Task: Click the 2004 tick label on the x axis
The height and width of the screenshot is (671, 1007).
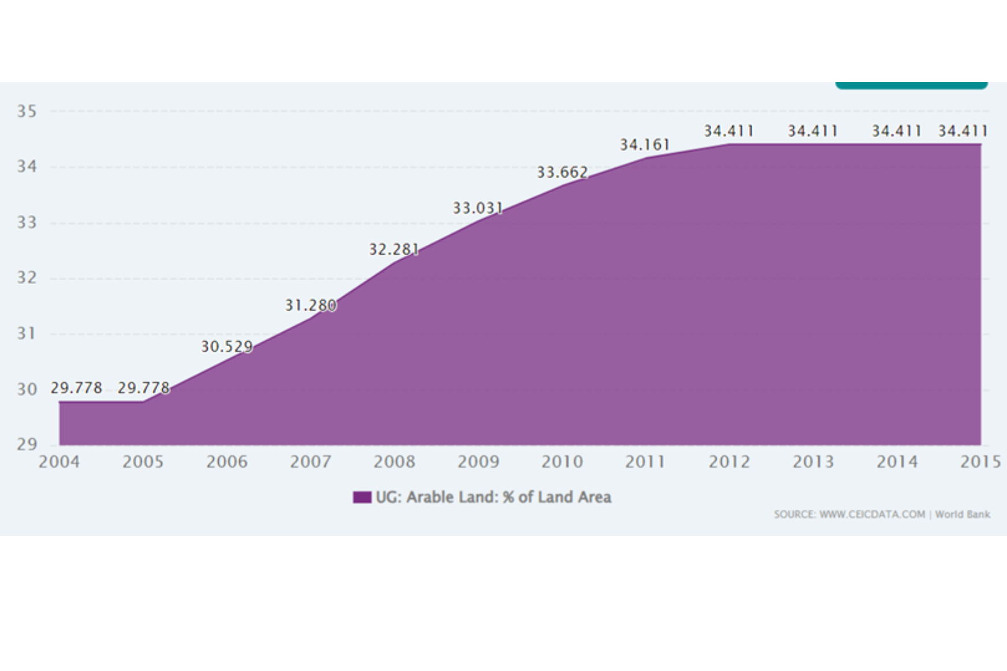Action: [x=59, y=462]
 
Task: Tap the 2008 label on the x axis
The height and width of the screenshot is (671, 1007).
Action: [x=394, y=462]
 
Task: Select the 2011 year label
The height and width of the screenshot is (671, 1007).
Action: [x=645, y=462]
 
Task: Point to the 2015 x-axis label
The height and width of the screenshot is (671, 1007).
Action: [x=980, y=462]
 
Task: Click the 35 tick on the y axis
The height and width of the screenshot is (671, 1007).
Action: [x=27, y=111]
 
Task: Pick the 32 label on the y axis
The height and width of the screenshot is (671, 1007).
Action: [x=27, y=278]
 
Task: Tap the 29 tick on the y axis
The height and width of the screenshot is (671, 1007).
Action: [x=27, y=444]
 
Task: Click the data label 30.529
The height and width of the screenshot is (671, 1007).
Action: [x=227, y=347]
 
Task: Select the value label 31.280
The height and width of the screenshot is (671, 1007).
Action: [x=311, y=305]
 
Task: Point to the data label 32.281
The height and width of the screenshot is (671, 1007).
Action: [x=394, y=249]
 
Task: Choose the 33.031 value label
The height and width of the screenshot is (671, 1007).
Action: [x=477, y=208]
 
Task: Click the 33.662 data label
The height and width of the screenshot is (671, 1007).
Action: [x=563, y=172]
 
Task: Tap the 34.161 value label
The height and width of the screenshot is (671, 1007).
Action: [x=645, y=145]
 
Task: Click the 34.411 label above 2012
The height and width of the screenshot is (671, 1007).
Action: [x=729, y=131]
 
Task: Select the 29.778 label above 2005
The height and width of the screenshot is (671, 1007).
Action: [x=144, y=388]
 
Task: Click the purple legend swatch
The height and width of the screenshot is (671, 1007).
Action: [x=362, y=497]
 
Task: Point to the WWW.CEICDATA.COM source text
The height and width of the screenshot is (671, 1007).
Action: [x=871, y=514]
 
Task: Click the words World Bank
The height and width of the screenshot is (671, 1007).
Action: [x=962, y=514]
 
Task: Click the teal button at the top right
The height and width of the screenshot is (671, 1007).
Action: [x=911, y=85]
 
